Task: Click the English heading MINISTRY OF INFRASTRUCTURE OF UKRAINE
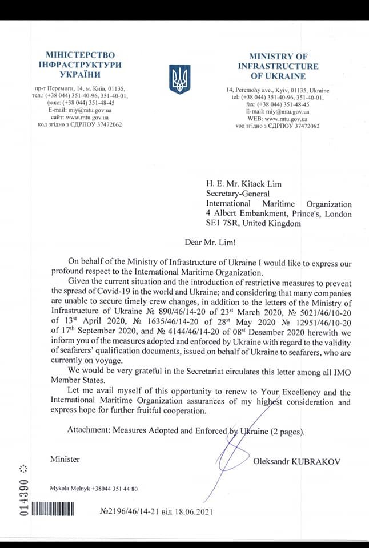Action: tap(278, 66)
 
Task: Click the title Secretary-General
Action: tap(238, 193)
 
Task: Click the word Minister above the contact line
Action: tap(65, 459)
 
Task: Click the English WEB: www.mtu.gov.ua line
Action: tap(278, 119)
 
